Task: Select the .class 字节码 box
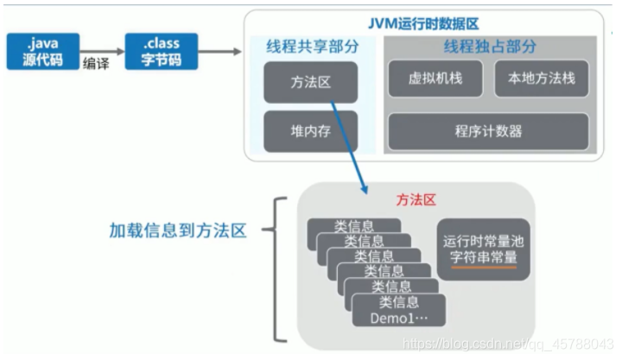(161, 52)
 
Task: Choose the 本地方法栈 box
(541, 79)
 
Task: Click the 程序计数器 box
(488, 131)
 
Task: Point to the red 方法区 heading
(416, 199)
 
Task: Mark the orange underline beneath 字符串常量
(481, 267)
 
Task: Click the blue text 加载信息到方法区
(178, 231)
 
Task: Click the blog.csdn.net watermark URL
(510, 344)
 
